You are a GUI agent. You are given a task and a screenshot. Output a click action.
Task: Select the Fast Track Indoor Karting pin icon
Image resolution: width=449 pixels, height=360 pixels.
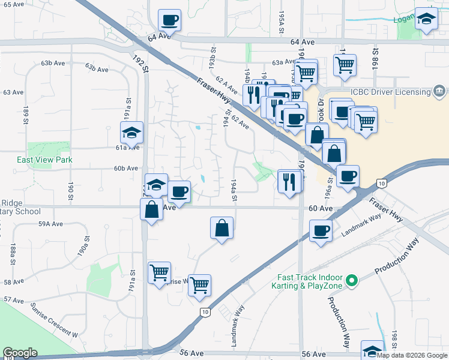(x=353, y=281)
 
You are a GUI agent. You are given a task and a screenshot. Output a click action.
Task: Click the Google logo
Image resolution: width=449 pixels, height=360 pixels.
(x=20, y=353)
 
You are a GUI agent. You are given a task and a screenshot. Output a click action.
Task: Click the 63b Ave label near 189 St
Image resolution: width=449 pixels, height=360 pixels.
(x=53, y=63)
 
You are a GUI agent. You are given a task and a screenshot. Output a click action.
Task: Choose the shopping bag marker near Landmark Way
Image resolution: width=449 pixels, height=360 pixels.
(x=222, y=229)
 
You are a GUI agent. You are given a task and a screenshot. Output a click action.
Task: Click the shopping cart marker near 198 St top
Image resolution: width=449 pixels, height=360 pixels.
(x=345, y=65)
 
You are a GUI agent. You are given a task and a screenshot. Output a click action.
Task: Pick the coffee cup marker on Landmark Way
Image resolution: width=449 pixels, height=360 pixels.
(x=321, y=231)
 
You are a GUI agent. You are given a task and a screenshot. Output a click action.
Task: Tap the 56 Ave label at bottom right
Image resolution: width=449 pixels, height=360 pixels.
(x=313, y=355)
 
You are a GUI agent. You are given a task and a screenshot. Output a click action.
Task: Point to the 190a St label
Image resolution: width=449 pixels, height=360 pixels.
(x=86, y=247)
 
